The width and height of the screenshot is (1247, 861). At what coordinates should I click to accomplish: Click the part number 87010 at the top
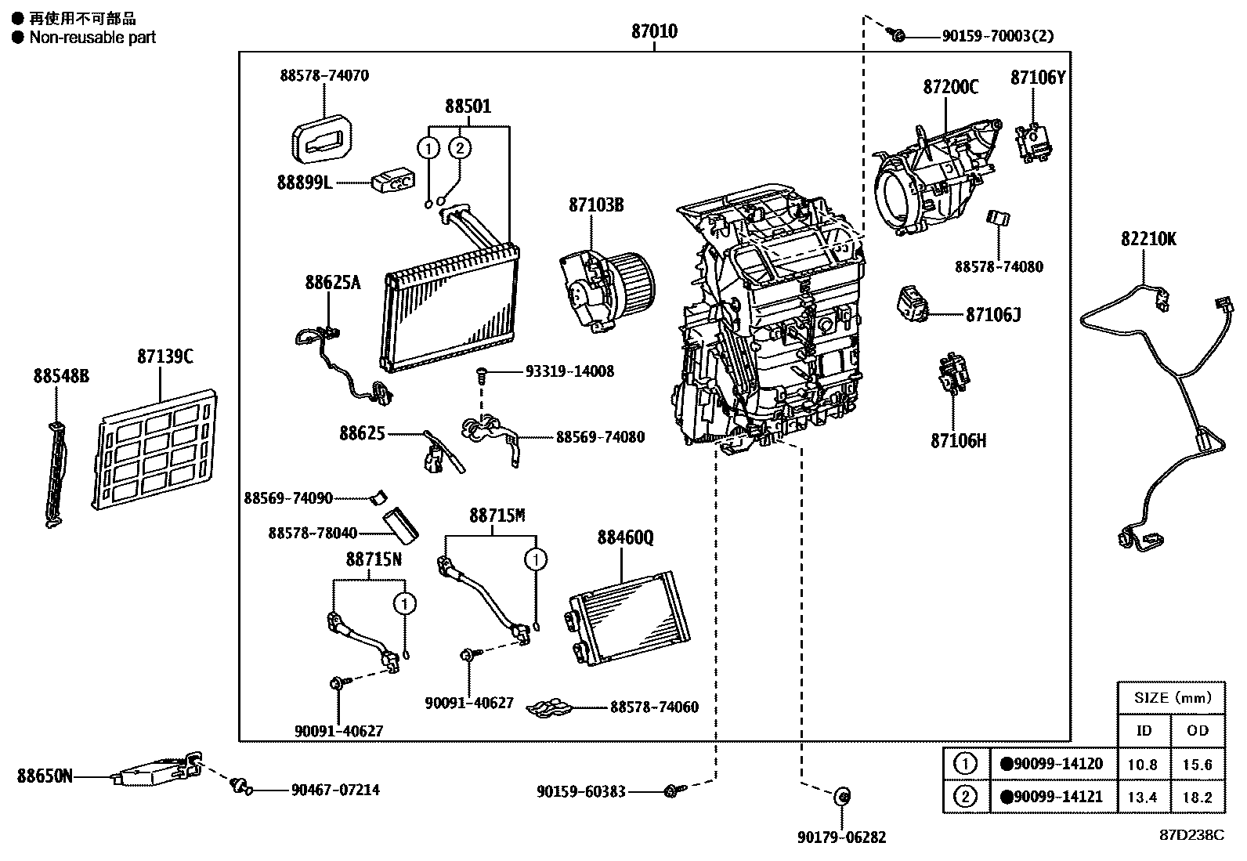(x=654, y=32)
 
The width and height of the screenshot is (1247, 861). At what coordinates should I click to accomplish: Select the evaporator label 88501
(x=468, y=106)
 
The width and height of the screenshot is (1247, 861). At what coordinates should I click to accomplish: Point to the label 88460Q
(x=625, y=537)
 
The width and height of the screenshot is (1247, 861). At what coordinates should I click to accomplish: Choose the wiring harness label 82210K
(x=1148, y=240)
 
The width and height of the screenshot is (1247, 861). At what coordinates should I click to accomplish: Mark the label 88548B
(x=61, y=377)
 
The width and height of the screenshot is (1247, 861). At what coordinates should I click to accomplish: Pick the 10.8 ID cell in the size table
(x=1142, y=765)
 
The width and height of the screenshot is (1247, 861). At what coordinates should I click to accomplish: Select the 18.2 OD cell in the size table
(x=1198, y=798)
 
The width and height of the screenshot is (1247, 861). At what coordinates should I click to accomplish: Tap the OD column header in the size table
(x=1198, y=731)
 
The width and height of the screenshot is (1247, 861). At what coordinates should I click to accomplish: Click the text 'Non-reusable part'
(x=92, y=37)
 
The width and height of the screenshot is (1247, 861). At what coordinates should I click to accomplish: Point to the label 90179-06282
(x=842, y=837)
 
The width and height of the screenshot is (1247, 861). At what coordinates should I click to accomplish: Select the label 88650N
(x=45, y=776)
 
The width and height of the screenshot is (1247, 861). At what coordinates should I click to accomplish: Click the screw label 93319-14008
(x=569, y=371)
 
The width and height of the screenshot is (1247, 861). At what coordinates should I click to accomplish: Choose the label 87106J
(x=993, y=315)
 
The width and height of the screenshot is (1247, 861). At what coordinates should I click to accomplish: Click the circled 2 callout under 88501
(x=461, y=147)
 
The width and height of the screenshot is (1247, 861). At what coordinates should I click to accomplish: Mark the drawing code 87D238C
(x=1191, y=835)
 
